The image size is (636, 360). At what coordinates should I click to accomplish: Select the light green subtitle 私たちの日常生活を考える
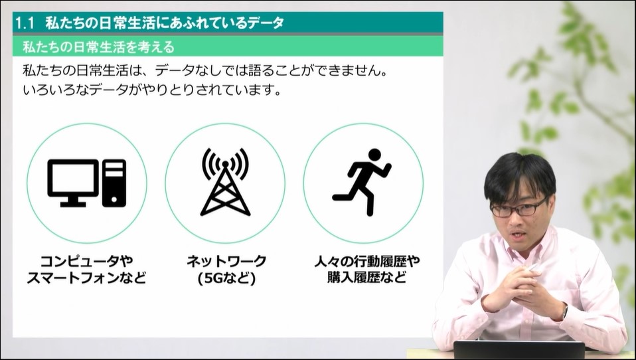(x=98, y=47)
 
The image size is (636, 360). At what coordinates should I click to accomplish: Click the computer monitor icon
(x=73, y=183)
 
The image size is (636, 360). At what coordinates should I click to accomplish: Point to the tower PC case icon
(x=114, y=183)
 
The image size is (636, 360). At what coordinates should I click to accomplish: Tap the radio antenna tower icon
(x=225, y=182)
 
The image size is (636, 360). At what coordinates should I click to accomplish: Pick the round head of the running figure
(x=374, y=155)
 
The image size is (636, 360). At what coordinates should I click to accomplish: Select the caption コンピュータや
(x=87, y=260)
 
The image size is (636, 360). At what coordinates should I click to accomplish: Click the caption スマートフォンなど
(x=86, y=278)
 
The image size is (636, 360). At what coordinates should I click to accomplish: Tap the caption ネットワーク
(x=226, y=260)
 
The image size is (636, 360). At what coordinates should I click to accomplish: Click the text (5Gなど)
(x=227, y=278)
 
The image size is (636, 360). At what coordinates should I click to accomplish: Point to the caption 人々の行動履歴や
(x=367, y=260)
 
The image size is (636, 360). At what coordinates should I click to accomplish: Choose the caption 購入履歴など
(x=367, y=278)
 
